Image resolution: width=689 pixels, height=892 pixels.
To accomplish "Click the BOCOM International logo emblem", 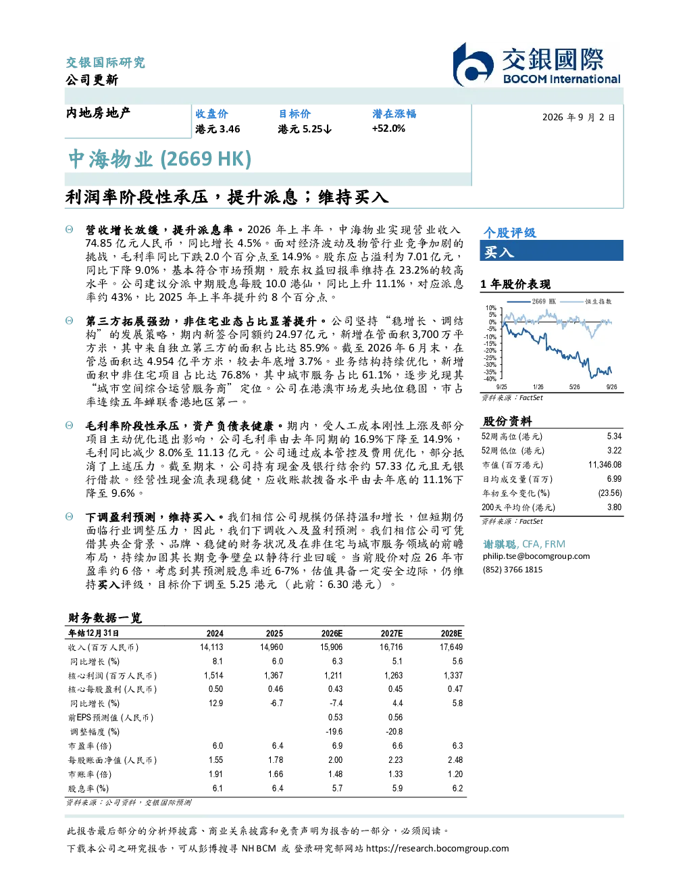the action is (x=473, y=64).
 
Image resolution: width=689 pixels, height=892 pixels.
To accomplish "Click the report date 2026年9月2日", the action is (x=578, y=118).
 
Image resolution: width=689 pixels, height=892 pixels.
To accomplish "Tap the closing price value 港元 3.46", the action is (x=218, y=129).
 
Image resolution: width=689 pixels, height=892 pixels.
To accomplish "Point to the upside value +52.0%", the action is (x=388, y=128).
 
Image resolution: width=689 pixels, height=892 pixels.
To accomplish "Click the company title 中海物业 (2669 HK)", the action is (x=159, y=159).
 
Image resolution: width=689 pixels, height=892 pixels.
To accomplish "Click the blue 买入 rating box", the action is (x=551, y=251).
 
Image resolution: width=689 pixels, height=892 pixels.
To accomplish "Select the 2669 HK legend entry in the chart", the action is (x=532, y=301).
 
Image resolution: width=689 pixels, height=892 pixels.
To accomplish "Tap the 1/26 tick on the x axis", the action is (x=538, y=387).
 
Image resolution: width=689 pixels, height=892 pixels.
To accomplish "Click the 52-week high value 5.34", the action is (x=614, y=437).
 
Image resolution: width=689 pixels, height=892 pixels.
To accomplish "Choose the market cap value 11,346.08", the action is (x=605, y=465).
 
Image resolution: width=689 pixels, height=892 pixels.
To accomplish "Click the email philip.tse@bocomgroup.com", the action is (x=536, y=556).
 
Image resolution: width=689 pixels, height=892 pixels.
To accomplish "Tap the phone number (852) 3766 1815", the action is (x=512, y=570).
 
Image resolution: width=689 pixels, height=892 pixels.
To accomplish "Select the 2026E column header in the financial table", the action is (x=332, y=633).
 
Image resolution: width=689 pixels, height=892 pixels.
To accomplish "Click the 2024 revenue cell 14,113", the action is (x=211, y=647).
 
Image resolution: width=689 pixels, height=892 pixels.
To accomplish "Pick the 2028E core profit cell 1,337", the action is (x=453, y=676).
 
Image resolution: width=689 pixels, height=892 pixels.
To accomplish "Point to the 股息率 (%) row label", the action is (x=88, y=789).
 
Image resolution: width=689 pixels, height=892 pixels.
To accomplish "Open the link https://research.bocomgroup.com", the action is (x=437, y=849).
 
